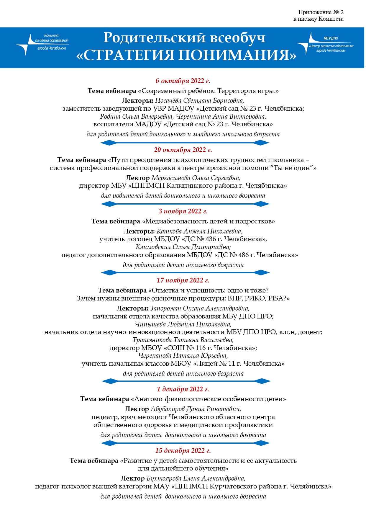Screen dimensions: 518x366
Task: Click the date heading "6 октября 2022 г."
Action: [x=183, y=81]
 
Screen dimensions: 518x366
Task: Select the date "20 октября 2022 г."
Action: [x=183, y=150]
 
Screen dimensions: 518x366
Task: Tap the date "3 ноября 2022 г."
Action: [x=183, y=211]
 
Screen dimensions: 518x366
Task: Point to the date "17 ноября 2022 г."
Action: [x=183, y=280]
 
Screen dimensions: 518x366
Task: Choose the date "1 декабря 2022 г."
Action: [x=183, y=389]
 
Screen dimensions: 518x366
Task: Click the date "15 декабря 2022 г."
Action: [x=183, y=451]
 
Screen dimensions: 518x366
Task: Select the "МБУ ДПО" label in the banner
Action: [x=331, y=38]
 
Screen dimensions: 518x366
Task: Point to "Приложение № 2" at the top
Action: [x=321, y=12]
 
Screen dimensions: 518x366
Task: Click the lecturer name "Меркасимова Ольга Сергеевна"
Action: [x=196, y=178]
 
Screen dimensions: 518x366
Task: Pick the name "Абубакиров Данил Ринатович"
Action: [x=196, y=409]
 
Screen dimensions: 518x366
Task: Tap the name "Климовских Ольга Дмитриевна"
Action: [x=183, y=247]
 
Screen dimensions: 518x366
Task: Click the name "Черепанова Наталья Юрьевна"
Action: [x=183, y=356]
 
